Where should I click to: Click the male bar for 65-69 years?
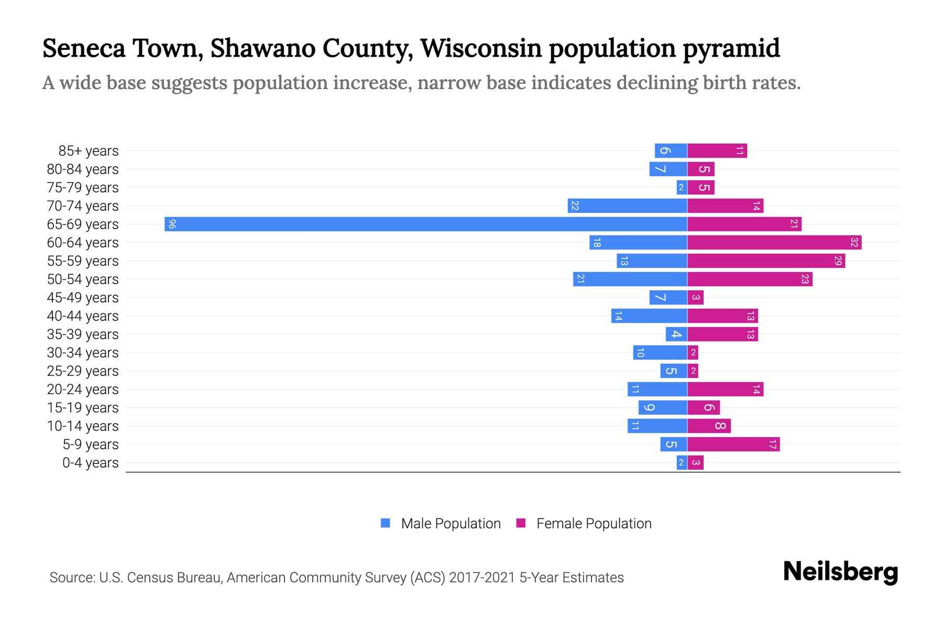(x=425, y=224)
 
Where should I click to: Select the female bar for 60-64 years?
(x=774, y=243)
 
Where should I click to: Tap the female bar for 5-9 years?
(x=733, y=444)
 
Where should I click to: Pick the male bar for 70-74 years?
(x=627, y=206)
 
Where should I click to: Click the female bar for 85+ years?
(x=717, y=151)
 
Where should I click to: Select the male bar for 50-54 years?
(x=630, y=279)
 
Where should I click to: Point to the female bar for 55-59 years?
(x=766, y=261)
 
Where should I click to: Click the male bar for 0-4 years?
(x=682, y=463)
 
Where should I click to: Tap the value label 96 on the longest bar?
(x=172, y=224)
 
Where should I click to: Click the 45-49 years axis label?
(x=83, y=298)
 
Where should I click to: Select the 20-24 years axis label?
(x=83, y=389)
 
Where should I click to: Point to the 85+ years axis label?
(x=89, y=151)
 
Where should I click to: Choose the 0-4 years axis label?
(x=91, y=463)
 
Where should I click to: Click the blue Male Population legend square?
(x=386, y=523)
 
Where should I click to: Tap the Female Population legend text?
(x=594, y=523)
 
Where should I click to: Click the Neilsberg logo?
(x=840, y=572)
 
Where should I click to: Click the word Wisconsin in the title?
(x=481, y=48)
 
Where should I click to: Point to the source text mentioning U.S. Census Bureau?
(x=336, y=578)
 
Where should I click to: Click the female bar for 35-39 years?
(x=722, y=334)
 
